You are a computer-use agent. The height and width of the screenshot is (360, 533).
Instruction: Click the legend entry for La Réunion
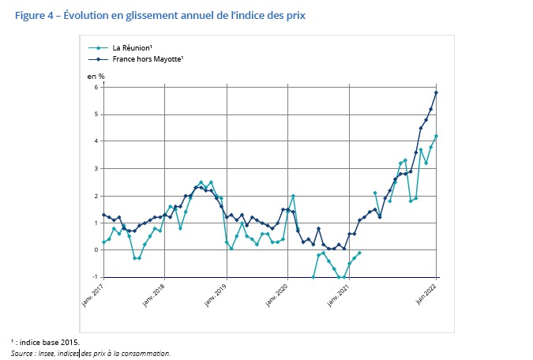(x=133, y=48)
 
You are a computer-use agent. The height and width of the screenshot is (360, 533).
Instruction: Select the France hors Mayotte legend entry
(x=142, y=59)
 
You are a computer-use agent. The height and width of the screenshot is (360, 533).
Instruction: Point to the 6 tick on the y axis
(x=96, y=87)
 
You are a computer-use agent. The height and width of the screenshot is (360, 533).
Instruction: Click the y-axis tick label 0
(x=96, y=250)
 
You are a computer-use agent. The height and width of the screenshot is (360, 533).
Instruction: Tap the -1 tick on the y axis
(x=95, y=277)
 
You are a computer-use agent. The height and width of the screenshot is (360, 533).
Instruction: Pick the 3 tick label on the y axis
(x=96, y=169)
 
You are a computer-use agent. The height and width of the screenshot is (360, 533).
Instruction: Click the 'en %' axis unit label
(x=96, y=75)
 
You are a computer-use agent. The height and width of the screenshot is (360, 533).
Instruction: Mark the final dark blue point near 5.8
(x=436, y=93)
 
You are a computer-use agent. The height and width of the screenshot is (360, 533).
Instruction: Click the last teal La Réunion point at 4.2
(x=436, y=137)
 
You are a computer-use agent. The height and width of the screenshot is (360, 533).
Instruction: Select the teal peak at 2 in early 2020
(x=293, y=196)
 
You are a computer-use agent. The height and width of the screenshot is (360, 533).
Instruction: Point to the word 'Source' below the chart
(x=24, y=353)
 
